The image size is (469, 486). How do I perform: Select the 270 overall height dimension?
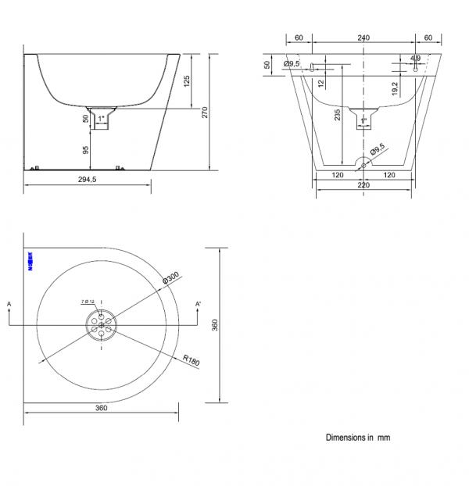pyautogui.click(x=205, y=112)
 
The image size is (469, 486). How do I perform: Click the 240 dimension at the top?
pyautogui.click(x=363, y=38)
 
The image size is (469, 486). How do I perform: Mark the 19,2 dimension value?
pyautogui.click(x=396, y=89)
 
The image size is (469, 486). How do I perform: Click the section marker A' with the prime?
pyautogui.click(x=199, y=303)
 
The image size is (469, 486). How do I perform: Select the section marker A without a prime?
pyautogui.click(x=8, y=303)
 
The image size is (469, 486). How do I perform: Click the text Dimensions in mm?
pyautogui.click(x=358, y=438)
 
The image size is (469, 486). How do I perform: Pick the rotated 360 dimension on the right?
pyautogui.click(x=223, y=325)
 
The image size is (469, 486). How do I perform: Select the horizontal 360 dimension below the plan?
pyautogui.click(x=101, y=408)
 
